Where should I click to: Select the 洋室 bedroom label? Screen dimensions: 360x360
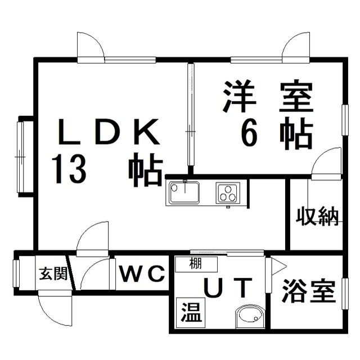click(267, 96)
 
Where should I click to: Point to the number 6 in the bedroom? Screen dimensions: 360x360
click(249, 133)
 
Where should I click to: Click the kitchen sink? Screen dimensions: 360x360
click(183, 193)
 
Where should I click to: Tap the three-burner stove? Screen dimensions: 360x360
click(227, 193)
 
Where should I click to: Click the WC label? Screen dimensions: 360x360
click(141, 274)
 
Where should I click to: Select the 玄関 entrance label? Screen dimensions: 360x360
click(53, 274)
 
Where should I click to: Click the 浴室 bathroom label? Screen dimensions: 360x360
click(305, 291)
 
